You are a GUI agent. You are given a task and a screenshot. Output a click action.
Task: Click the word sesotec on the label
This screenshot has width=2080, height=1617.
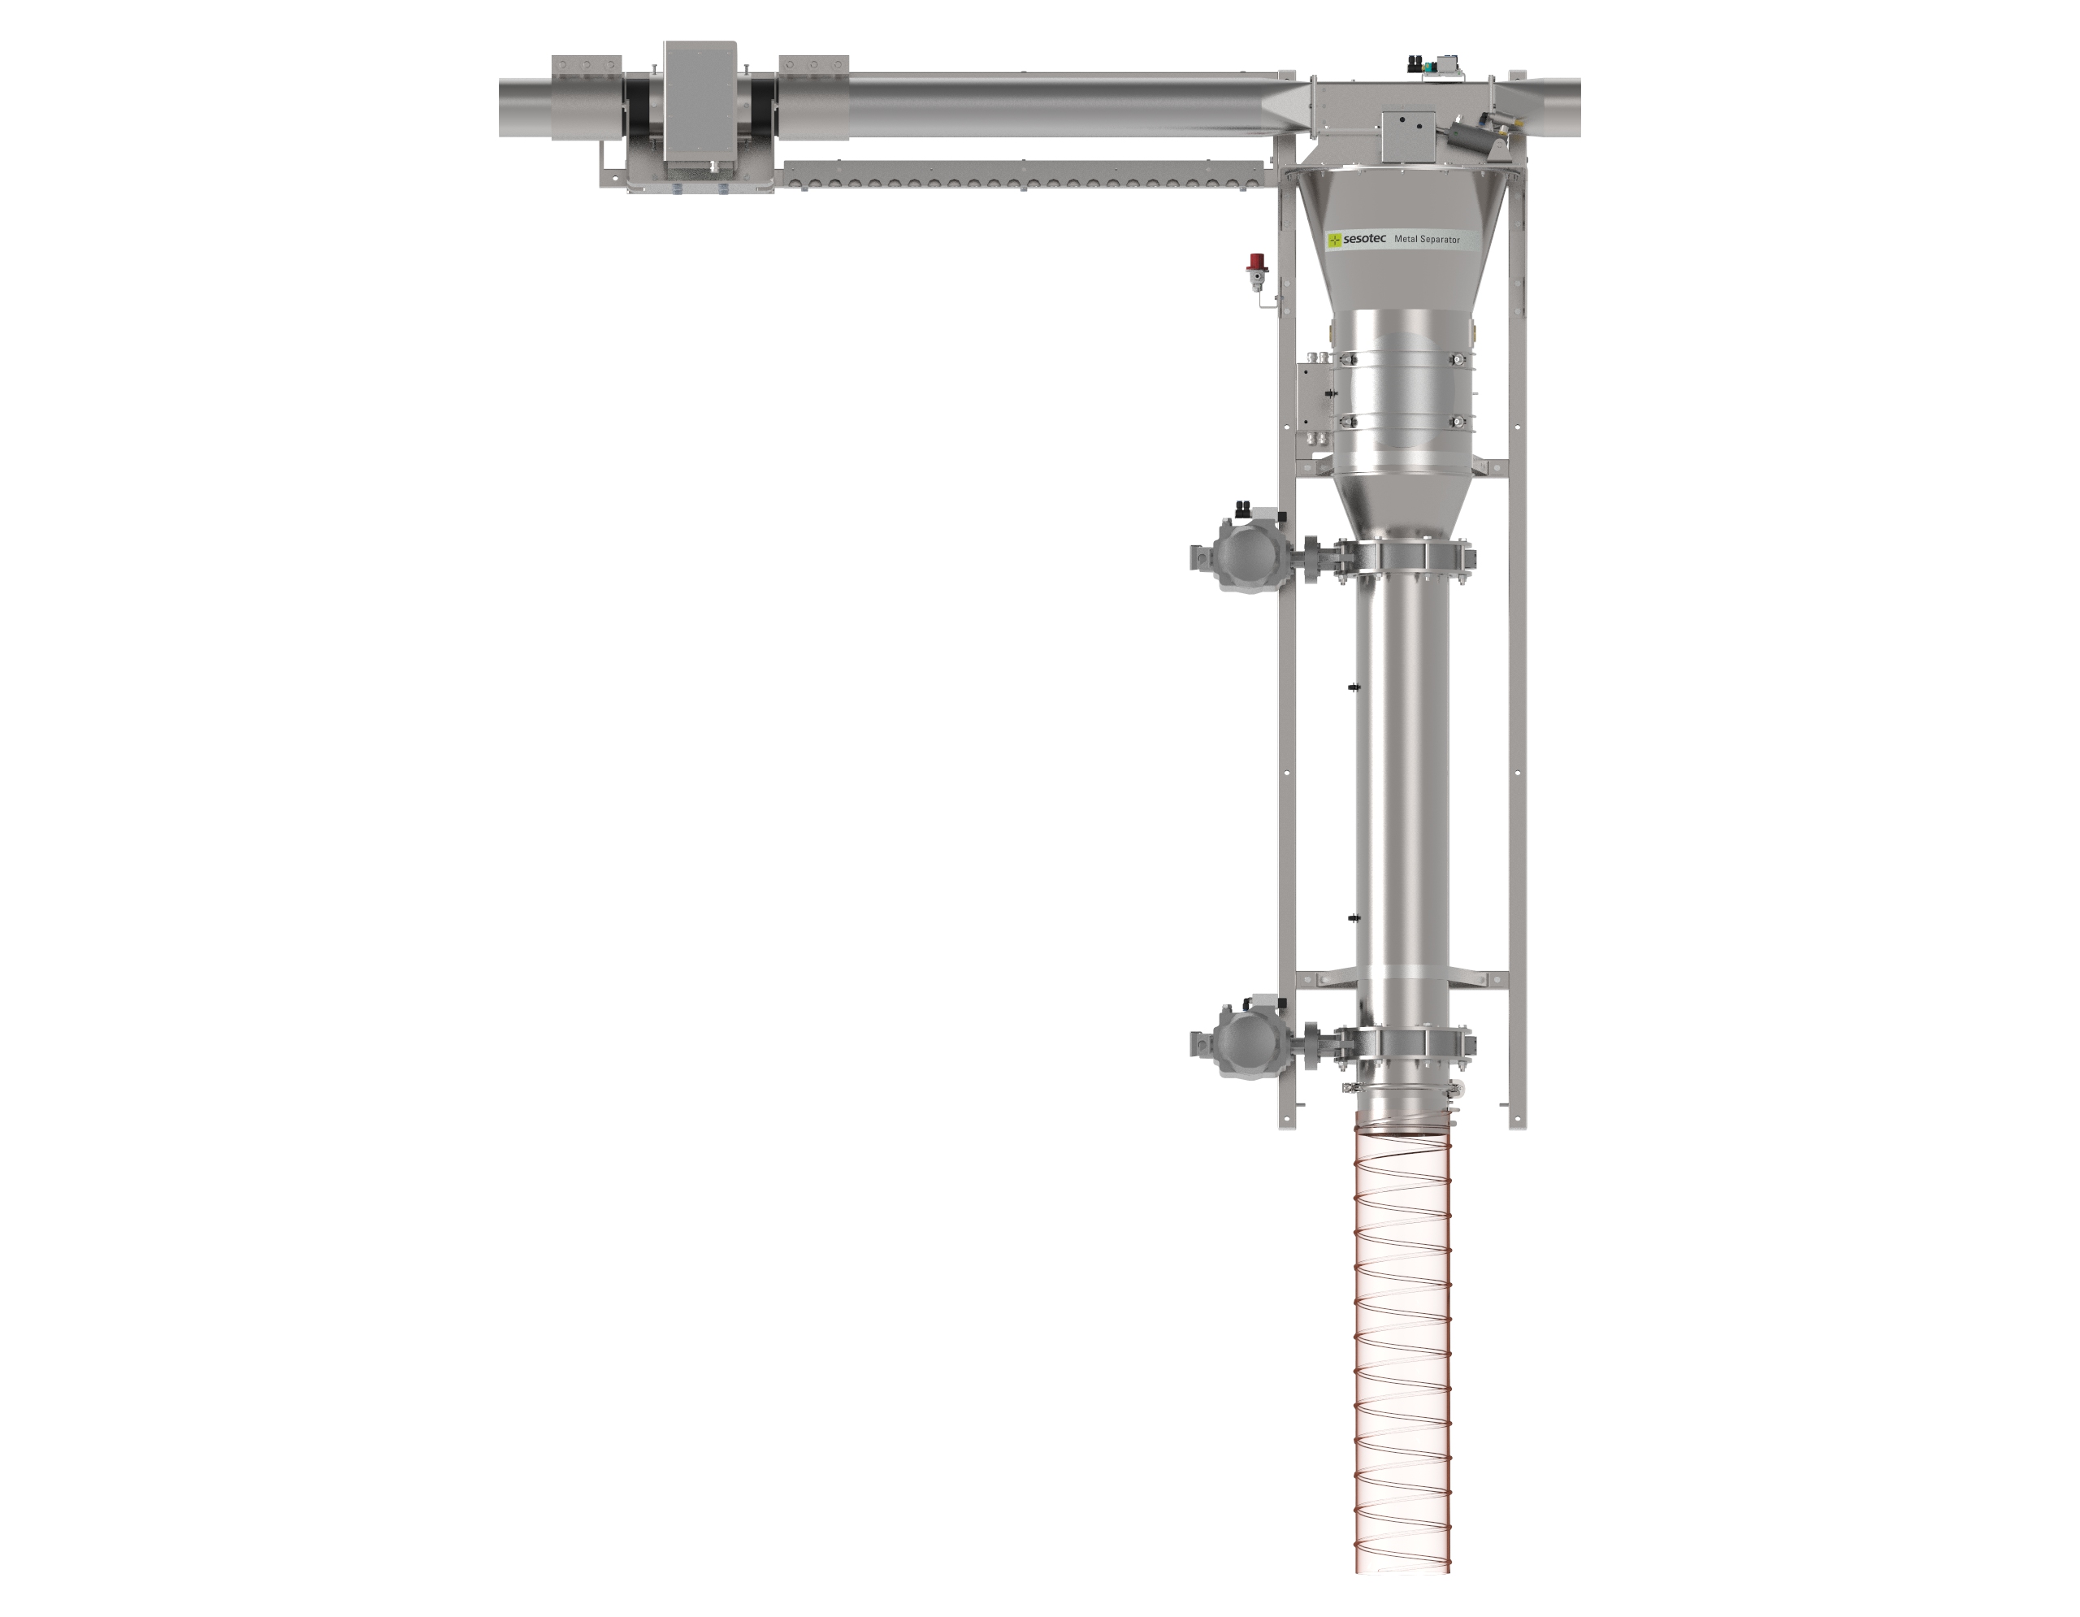pyautogui.click(x=1365, y=239)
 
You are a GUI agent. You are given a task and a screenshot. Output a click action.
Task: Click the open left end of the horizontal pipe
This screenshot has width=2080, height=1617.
pyautogui.click(x=505, y=107)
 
